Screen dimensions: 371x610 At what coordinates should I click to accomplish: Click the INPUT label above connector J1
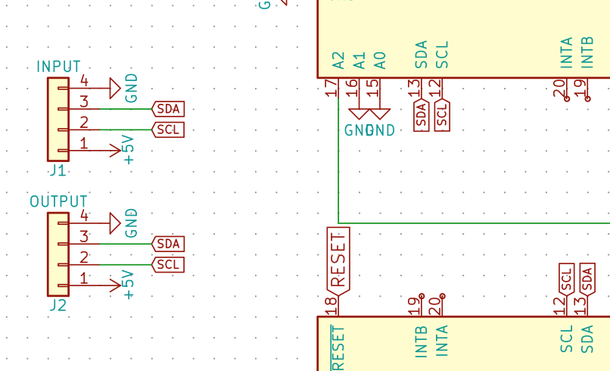coord(58,67)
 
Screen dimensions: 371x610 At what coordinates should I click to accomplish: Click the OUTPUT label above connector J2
coord(58,202)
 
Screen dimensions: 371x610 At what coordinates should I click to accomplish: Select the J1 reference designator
coord(58,170)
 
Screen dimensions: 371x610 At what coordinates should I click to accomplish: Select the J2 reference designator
coord(58,306)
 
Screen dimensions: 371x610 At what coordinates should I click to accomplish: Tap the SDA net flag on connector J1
coord(168,109)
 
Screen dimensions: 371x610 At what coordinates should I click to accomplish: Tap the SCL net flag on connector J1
coord(168,129)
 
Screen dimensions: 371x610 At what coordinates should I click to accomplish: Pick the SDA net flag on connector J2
coord(168,244)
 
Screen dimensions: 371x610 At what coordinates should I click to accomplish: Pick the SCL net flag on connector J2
coord(168,264)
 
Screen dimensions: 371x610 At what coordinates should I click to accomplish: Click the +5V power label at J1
coord(129,149)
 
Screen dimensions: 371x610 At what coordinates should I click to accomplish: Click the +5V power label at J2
coord(129,285)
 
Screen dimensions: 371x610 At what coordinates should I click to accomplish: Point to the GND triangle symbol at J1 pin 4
coord(115,88)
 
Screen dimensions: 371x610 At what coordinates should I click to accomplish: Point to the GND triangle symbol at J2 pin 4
coord(115,223)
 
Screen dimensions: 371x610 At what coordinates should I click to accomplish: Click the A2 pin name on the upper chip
coord(338,60)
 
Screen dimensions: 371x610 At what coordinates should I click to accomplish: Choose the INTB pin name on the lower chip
coord(422,341)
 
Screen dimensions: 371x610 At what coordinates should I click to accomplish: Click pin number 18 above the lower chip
coord(331,306)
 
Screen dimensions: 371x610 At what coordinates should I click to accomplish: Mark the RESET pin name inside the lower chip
coord(338,347)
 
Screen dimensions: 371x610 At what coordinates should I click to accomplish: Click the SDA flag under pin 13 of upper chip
coord(422,115)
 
